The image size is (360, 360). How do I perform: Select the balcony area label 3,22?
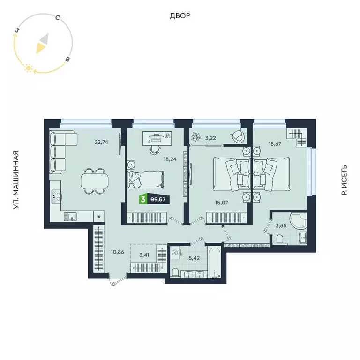(210, 138)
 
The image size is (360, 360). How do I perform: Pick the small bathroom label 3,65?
(280, 226)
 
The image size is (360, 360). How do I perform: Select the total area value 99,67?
(158, 200)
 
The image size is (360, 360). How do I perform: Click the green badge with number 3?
(142, 200)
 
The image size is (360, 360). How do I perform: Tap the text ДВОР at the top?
(180, 16)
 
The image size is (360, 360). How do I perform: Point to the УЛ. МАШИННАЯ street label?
(16, 180)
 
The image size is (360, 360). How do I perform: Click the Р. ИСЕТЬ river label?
(344, 180)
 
